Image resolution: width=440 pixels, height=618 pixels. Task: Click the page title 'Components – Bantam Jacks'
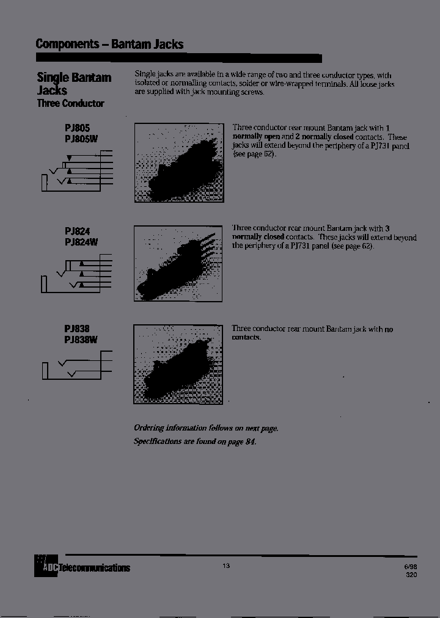[x=109, y=44]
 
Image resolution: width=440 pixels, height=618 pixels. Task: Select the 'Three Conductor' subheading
[x=70, y=103]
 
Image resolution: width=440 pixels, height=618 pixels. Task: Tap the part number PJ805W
[x=81, y=139]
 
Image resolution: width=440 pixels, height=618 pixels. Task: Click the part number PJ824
[x=77, y=231]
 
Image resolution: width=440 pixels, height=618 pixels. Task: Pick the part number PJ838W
[x=81, y=340]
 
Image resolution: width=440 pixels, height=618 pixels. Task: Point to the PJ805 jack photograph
[x=178, y=162]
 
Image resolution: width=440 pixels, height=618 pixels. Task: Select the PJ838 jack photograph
[x=178, y=364]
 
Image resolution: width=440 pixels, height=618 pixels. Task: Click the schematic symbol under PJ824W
[x=76, y=275]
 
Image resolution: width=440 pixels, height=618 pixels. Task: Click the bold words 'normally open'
[x=255, y=137]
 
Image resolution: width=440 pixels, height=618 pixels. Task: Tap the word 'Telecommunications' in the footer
[x=94, y=569]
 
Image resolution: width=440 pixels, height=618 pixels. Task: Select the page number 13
[x=226, y=566]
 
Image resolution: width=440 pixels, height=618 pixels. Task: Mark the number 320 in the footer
[x=411, y=575]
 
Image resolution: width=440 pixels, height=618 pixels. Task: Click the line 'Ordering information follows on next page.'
[x=206, y=428]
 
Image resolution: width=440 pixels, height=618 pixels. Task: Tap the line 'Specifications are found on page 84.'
[x=195, y=441]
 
